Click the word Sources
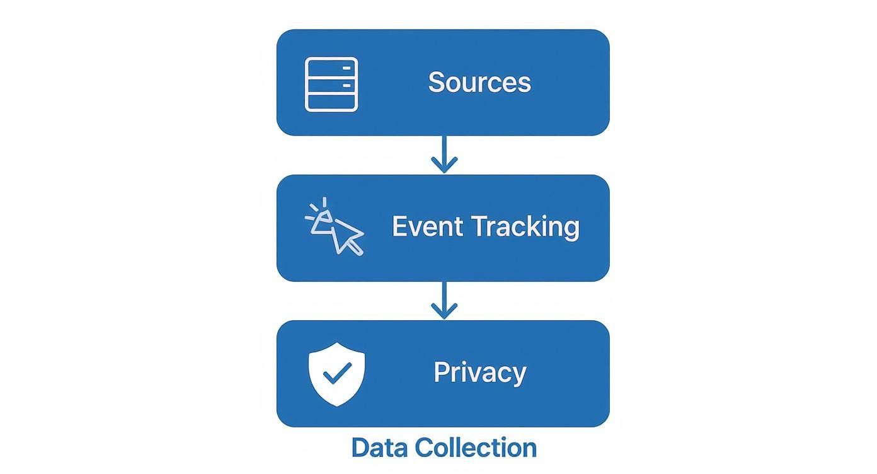[479, 83]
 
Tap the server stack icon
[331, 84]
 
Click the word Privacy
[479, 372]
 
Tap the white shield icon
[336, 374]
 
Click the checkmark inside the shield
[336, 374]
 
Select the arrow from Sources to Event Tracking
[444, 155]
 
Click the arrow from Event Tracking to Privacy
[444, 301]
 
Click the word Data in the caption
[380, 448]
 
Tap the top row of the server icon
[331, 67]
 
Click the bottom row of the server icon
[331, 101]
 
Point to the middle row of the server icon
[331, 84]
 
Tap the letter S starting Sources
[435, 83]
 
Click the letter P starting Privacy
[441, 372]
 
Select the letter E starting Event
[399, 226]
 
